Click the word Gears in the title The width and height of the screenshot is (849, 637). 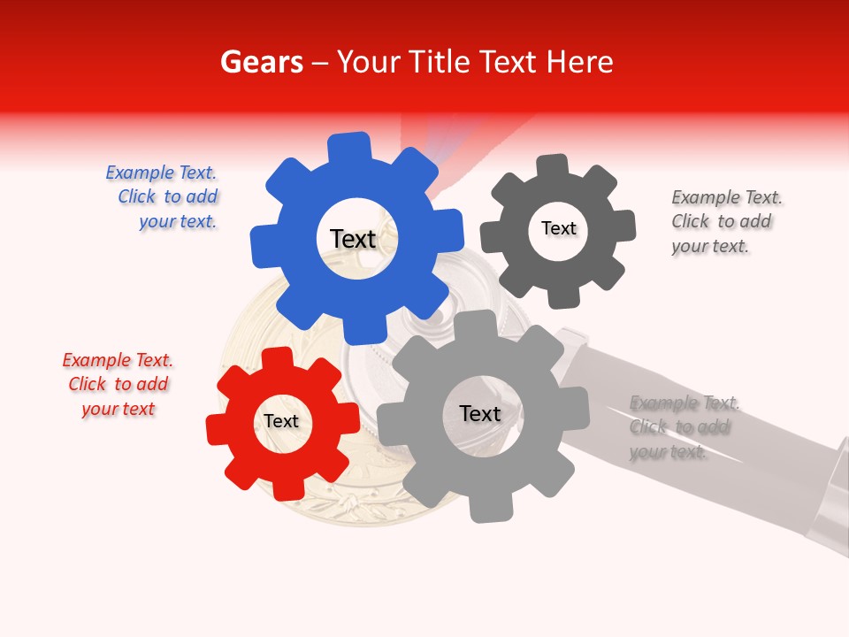coord(261,63)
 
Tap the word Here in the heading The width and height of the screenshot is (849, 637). coord(579,63)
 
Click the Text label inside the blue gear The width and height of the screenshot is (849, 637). coord(353,239)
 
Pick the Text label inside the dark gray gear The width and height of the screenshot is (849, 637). coord(558,228)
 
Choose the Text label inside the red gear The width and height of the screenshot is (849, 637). coord(281,421)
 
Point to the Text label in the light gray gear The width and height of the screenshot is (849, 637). coord(480,414)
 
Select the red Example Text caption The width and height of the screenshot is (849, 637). coord(119,384)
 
